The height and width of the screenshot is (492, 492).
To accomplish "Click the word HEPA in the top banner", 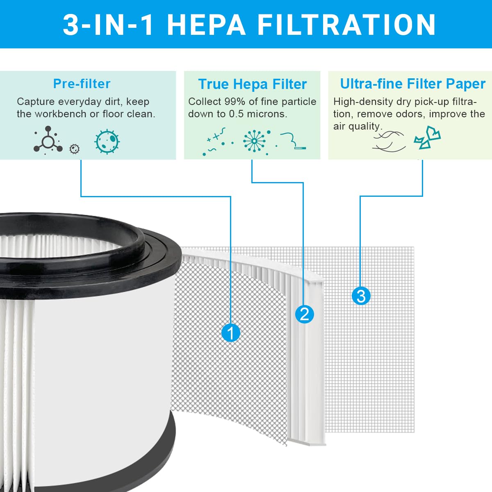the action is pyautogui.click(x=206, y=25).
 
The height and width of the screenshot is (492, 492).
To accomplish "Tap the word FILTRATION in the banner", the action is pyautogui.click(x=346, y=25).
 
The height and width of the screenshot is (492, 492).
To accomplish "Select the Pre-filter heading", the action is pyautogui.click(x=82, y=84).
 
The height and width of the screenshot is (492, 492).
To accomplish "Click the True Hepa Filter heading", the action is pyautogui.click(x=252, y=84).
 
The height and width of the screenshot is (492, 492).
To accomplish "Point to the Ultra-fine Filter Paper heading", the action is pyautogui.click(x=412, y=84).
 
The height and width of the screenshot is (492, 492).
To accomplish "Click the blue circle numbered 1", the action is pyautogui.click(x=231, y=333).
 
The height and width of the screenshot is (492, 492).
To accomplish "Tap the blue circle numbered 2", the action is pyautogui.click(x=305, y=314).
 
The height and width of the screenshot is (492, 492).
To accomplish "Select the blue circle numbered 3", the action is pyautogui.click(x=361, y=296).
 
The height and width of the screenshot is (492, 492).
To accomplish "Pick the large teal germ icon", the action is pyautogui.click(x=107, y=142).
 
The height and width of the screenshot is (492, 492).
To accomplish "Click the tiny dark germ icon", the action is pyautogui.click(x=75, y=149).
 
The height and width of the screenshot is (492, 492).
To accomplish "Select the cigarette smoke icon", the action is pyautogui.click(x=293, y=141).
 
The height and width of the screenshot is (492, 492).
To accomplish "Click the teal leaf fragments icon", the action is pyautogui.click(x=427, y=138).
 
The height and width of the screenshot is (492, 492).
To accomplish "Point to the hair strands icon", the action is pyautogui.click(x=389, y=141).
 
